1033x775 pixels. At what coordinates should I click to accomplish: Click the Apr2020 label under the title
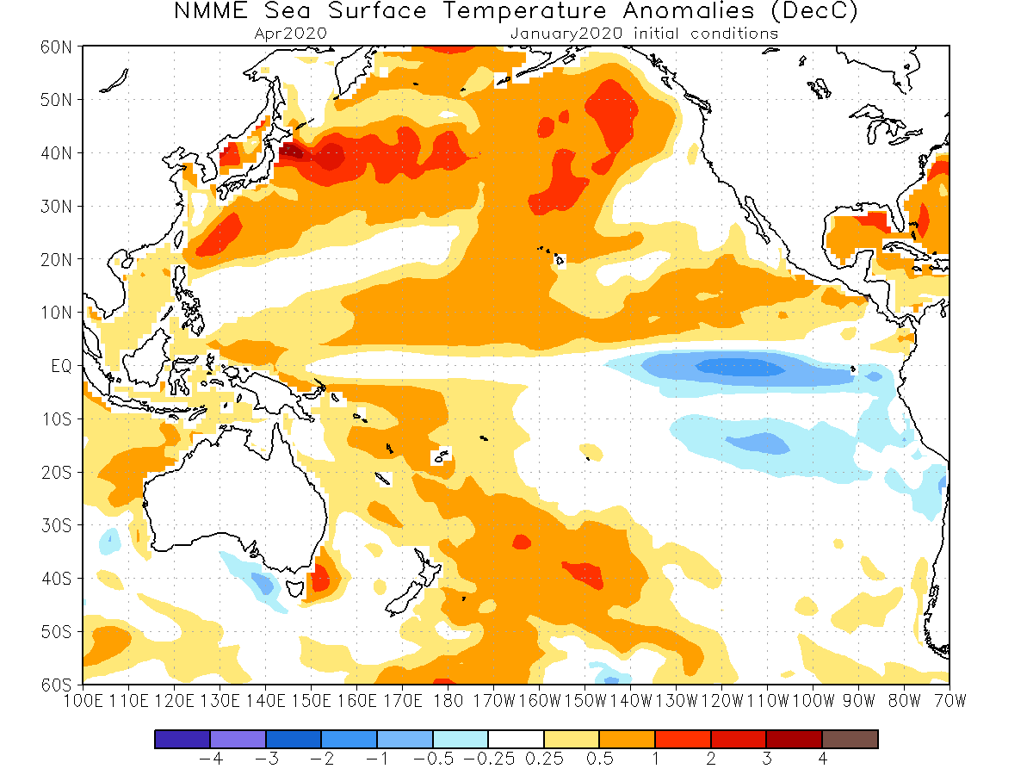click(x=291, y=34)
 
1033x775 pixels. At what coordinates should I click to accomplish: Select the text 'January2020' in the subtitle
click(x=568, y=34)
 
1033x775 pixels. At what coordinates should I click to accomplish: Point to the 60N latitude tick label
click(x=58, y=46)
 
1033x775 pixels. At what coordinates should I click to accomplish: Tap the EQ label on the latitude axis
click(x=62, y=366)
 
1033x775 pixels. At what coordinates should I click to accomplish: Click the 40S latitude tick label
click(x=58, y=579)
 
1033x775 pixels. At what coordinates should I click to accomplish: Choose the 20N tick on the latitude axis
click(x=58, y=259)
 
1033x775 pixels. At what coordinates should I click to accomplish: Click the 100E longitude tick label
click(x=84, y=700)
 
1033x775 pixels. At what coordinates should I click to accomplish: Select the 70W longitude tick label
click(x=949, y=700)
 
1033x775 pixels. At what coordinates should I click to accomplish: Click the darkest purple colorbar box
click(x=182, y=739)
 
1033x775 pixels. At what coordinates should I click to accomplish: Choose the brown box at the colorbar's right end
click(x=850, y=739)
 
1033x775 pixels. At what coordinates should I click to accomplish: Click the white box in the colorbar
click(x=516, y=739)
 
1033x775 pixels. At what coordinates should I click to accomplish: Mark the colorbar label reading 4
click(x=823, y=759)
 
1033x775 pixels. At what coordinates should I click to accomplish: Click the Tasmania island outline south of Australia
click(x=295, y=590)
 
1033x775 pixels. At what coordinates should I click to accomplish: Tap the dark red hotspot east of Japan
click(x=293, y=153)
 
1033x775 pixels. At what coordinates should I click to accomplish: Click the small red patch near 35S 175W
click(x=521, y=542)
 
